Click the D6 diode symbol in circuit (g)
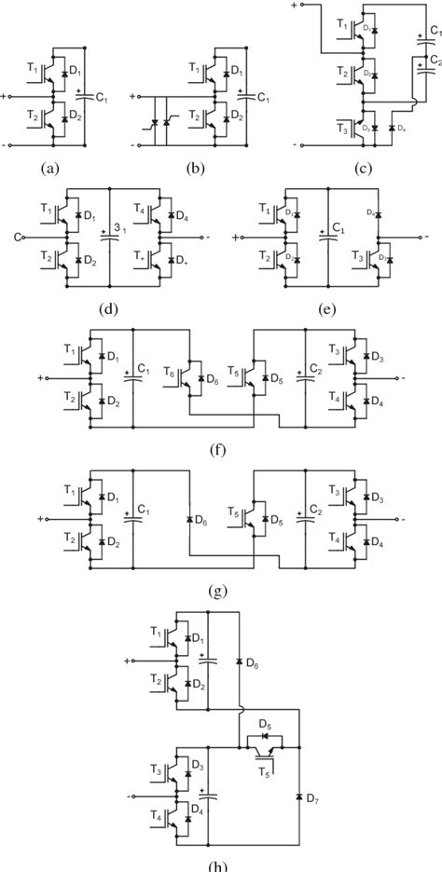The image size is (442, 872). [188, 518]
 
